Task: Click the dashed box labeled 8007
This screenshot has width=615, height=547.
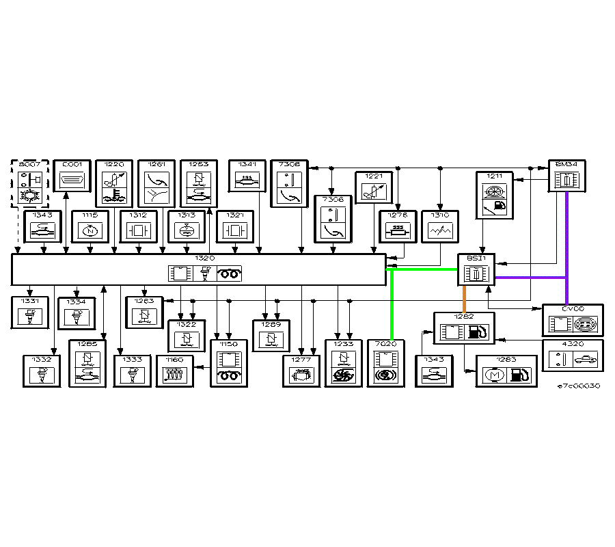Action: [x=30, y=183]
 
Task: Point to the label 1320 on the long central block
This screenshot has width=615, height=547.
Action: [x=205, y=258]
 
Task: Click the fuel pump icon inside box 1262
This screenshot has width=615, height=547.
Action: [x=480, y=332]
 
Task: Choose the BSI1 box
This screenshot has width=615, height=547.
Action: [x=476, y=270]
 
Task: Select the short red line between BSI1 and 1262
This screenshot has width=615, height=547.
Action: [x=465, y=299]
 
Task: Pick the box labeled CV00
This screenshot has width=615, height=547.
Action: [x=573, y=320]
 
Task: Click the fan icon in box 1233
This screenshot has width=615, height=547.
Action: [x=343, y=375]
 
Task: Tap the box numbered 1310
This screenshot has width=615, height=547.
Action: [x=441, y=226]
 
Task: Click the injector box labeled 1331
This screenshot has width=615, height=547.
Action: [x=30, y=312]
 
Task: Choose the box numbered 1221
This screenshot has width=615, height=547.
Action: [x=374, y=187]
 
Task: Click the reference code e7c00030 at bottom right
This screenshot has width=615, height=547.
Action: [x=578, y=386]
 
